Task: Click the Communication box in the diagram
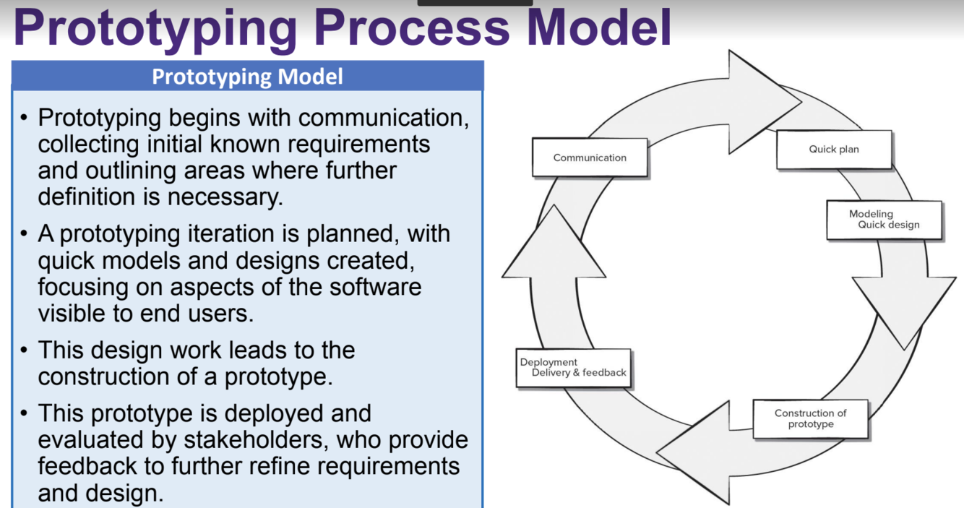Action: [590, 158]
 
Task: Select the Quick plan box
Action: [834, 150]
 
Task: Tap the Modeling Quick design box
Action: [884, 220]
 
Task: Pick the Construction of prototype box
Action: [810, 419]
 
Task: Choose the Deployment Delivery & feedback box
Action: [574, 368]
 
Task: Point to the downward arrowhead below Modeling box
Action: [903, 311]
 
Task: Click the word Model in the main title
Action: [599, 27]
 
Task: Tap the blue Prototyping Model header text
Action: [247, 76]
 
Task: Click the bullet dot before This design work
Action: [25, 351]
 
